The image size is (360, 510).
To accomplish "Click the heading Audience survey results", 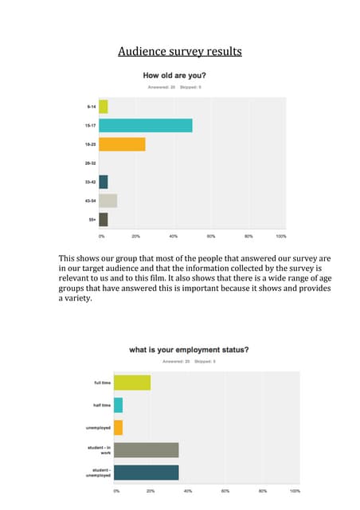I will pos(179,53).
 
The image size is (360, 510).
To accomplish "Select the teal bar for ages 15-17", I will pos(146,125).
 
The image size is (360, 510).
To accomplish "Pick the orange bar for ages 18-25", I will pos(123,144).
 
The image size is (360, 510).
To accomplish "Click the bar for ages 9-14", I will pos(104,107).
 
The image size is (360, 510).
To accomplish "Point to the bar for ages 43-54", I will pos(108,201).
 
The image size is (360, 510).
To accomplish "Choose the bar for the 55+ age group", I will pos(104,220).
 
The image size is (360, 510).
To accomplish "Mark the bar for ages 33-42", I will pos(104,182).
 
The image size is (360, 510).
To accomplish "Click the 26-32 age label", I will pos(92,163).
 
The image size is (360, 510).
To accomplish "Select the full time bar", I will pos(132,382).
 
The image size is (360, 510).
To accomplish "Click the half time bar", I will pos(118,405).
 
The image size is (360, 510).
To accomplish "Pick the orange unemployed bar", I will pos(118,427).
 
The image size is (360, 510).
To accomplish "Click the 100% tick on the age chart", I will pos(281,237).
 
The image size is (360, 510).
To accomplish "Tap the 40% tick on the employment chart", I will pos(188,492).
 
